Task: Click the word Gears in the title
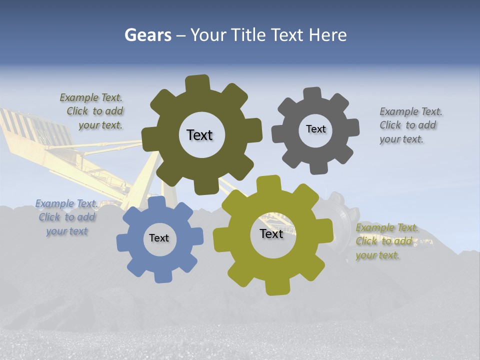(x=147, y=35)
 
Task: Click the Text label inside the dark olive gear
(x=199, y=135)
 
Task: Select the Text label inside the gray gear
(x=315, y=129)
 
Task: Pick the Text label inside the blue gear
(x=159, y=238)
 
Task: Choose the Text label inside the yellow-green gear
(x=271, y=234)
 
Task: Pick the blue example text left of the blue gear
(x=66, y=217)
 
